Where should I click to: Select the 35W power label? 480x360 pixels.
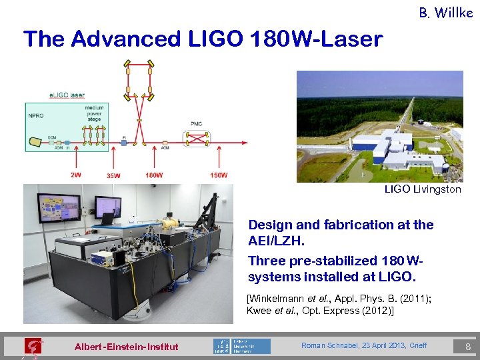113,176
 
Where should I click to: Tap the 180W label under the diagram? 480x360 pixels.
154,175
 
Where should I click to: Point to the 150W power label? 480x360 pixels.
218,175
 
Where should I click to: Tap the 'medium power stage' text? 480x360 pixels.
94,113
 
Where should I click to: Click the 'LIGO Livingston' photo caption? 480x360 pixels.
422,189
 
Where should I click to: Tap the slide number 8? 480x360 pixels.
468,346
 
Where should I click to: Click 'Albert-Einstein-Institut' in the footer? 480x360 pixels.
127,347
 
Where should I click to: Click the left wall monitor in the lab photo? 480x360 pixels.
59,208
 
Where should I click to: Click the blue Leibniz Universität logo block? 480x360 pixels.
251,346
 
